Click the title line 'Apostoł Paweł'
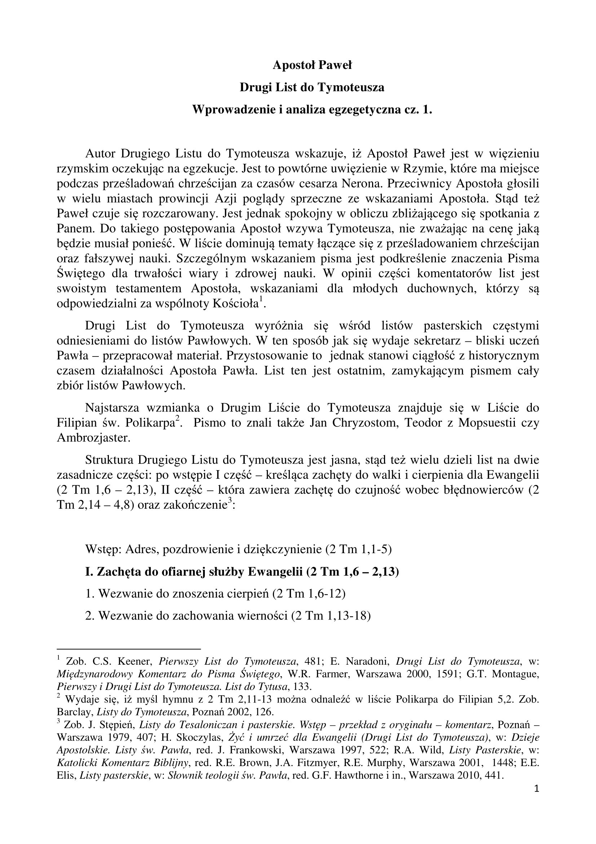(312, 65)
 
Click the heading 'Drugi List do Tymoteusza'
(312, 87)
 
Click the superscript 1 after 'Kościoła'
(261, 299)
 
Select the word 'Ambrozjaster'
(94, 438)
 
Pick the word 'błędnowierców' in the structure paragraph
(486, 490)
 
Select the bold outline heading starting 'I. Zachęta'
(242, 572)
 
